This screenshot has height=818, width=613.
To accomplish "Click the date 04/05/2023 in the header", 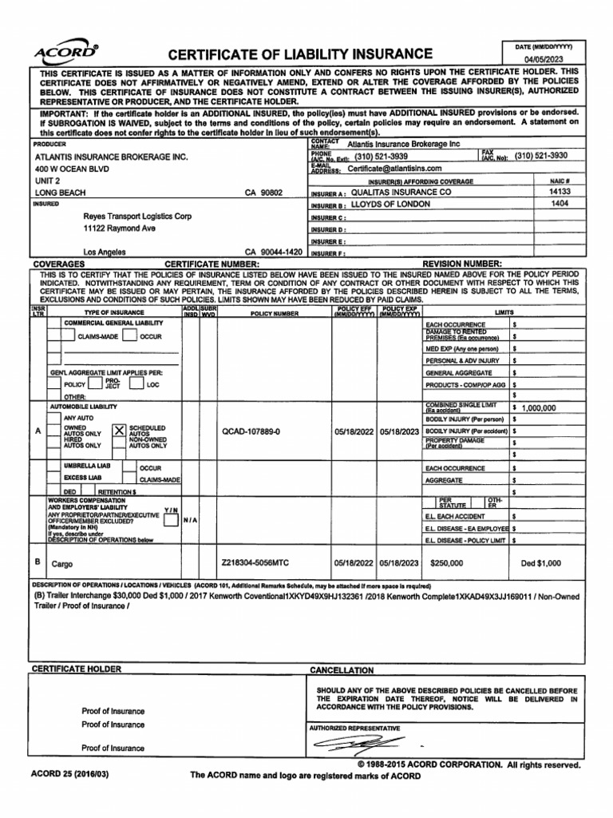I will (544, 60).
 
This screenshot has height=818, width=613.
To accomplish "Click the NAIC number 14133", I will (560, 193).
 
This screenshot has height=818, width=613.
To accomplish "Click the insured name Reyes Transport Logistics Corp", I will (137, 216).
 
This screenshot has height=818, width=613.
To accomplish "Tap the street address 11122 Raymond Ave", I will (120, 228).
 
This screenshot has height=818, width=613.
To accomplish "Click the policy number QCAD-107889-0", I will (251, 431).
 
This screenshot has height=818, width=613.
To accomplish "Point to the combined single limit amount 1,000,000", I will (537, 407).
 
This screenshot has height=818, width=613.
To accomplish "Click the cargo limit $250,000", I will (446, 562).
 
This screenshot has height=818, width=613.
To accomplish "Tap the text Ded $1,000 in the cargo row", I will (540, 562).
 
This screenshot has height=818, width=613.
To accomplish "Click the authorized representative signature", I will (356, 745).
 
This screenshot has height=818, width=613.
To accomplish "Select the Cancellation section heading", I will (341, 670).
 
